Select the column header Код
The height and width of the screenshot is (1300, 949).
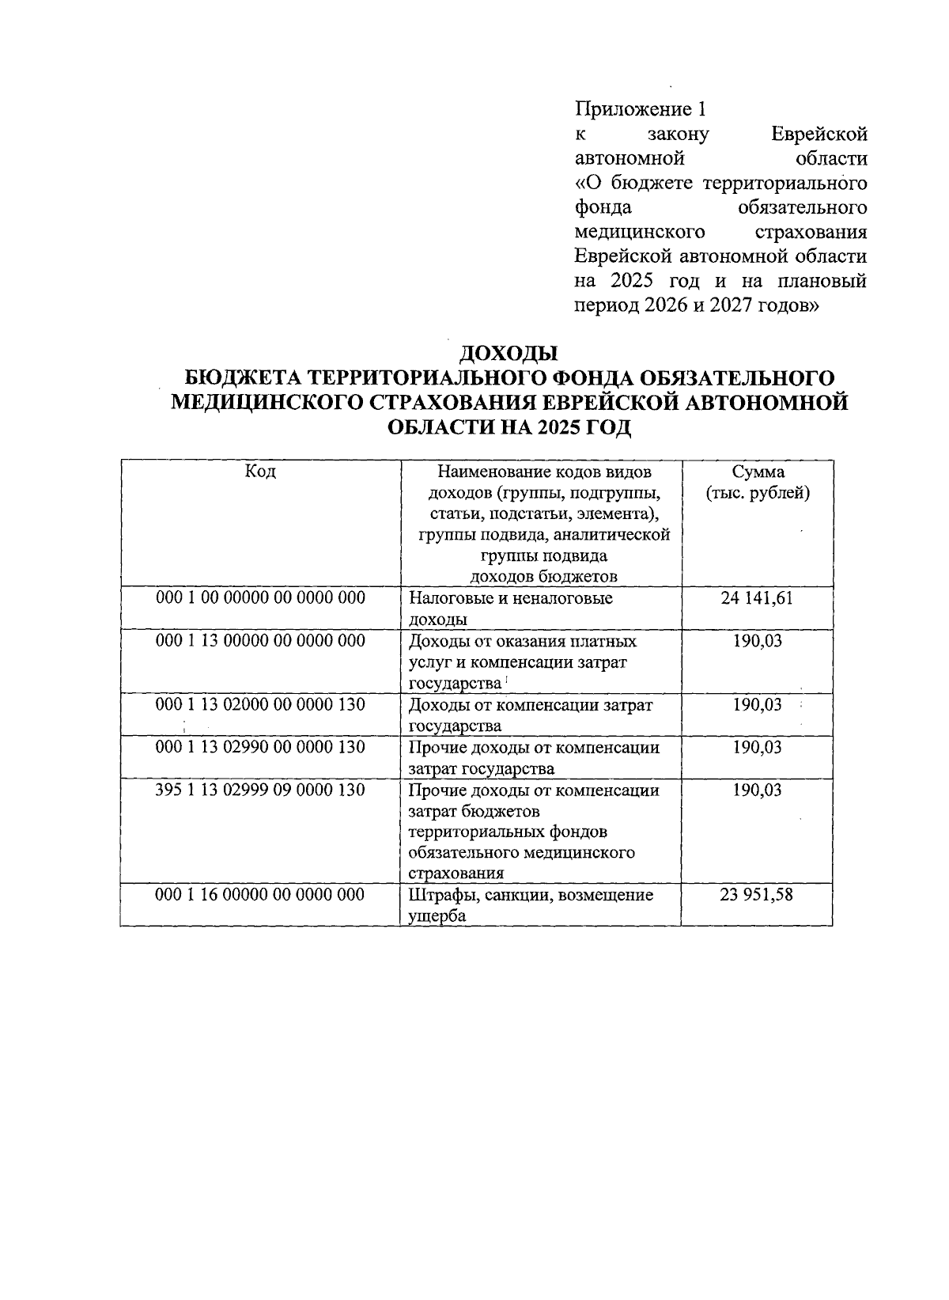pos(260,472)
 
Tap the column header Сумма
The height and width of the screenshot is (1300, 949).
pos(758,472)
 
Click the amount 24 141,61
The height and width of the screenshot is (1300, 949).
pos(757,598)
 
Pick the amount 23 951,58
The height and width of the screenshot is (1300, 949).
pos(757,895)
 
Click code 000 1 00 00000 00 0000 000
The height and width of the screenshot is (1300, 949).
pos(261,598)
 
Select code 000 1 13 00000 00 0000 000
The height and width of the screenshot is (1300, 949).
pos(261,641)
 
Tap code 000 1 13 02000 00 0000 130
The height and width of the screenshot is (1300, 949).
pos(261,704)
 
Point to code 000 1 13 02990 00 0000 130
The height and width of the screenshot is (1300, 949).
pos(261,747)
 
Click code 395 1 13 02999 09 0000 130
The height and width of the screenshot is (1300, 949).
pos(261,790)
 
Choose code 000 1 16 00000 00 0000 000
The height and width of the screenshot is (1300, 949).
pos(261,895)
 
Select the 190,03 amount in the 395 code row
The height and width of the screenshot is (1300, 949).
pos(757,790)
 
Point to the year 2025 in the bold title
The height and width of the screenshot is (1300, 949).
pos(558,428)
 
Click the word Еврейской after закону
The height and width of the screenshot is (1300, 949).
pos(819,134)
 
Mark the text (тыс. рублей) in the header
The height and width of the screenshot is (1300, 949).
pos(758,493)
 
